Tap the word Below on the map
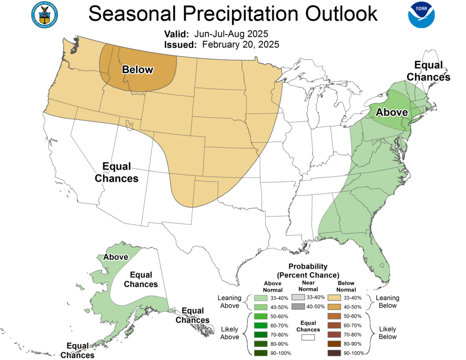click(x=137, y=70)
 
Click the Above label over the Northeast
click(x=392, y=112)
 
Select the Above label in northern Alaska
click(x=116, y=257)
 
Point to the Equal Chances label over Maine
click(x=428, y=71)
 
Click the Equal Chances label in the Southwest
click(x=116, y=173)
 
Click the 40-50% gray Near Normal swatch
click(x=299, y=307)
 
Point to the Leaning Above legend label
click(x=230, y=302)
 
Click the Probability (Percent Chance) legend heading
click(x=308, y=271)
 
